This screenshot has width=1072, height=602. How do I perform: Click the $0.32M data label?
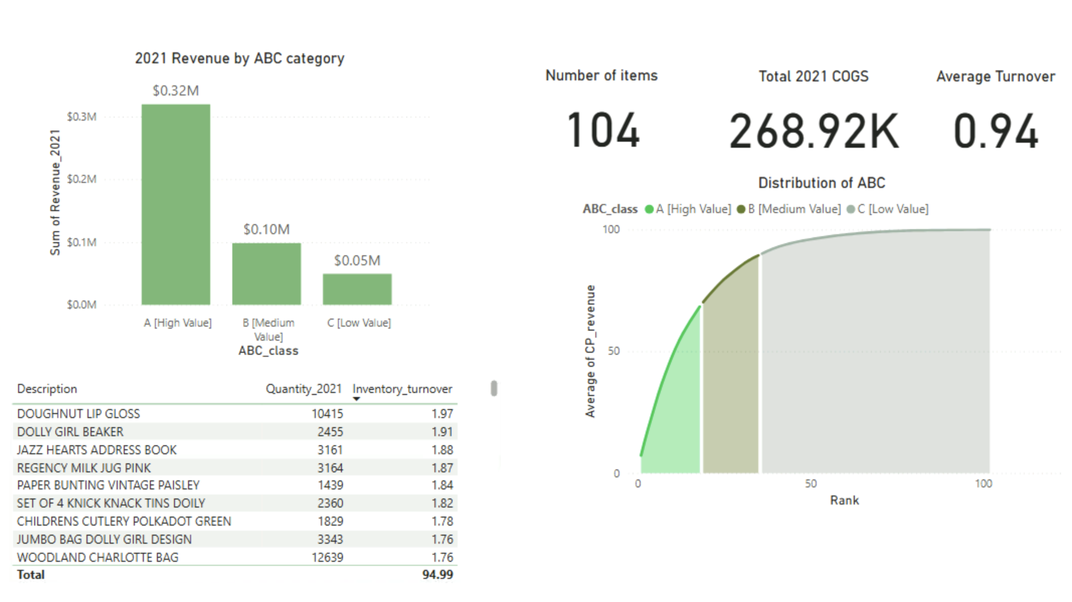(x=175, y=90)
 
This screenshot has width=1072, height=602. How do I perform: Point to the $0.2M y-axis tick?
(x=81, y=179)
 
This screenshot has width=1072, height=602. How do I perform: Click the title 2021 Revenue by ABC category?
(x=239, y=58)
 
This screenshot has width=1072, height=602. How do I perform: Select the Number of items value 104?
(x=602, y=131)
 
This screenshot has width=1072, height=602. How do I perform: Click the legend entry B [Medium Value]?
(x=793, y=209)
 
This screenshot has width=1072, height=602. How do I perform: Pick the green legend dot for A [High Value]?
(x=649, y=209)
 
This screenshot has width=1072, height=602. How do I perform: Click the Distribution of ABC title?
(x=821, y=183)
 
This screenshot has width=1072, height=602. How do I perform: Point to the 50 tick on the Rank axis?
(x=811, y=483)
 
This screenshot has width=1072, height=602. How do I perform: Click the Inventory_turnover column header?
(x=402, y=389)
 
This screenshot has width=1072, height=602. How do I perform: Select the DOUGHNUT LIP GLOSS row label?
(x=78, y=414)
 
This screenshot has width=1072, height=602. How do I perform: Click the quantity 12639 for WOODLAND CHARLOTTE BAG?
(x=327, y=557)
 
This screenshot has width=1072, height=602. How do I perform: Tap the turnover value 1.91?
(x=442, y=432)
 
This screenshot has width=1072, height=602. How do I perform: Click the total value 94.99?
(x=437, y=574)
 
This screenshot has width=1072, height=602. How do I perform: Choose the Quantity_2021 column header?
(x=303, y=389)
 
